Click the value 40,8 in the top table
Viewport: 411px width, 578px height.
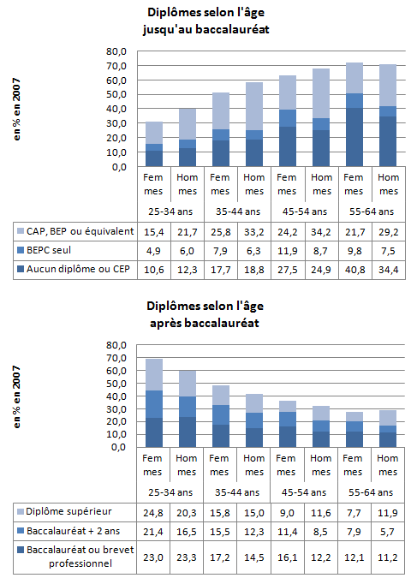(355, 270)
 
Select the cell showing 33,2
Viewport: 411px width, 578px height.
(254, 232)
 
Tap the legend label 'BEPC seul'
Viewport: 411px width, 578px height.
(49, 250)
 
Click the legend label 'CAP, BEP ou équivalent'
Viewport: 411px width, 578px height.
(80, 231)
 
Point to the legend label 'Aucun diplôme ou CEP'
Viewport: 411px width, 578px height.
(78, 269)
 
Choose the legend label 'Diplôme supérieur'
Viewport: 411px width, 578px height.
(68, 512)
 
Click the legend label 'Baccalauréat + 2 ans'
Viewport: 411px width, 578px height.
(74, 531)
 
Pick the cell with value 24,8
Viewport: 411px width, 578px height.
(153, 513)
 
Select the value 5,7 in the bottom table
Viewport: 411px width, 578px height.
(388, 532)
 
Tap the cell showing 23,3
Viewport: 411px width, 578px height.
(187, 557)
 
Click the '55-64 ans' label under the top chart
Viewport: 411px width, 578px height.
(372, 212)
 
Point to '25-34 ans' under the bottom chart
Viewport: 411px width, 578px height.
(170, 492)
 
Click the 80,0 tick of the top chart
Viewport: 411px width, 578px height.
(116, 51)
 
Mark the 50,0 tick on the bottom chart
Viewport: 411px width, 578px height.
(116, 384)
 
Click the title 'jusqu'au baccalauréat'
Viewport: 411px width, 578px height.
(206, 29)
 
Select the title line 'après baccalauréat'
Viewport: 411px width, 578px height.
(205, 323)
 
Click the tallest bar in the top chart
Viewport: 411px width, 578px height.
(354, 115)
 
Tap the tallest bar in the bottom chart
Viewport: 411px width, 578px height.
(154, 403)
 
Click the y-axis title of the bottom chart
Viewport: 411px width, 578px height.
(16, 396)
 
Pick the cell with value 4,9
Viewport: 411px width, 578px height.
(153, 251)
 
